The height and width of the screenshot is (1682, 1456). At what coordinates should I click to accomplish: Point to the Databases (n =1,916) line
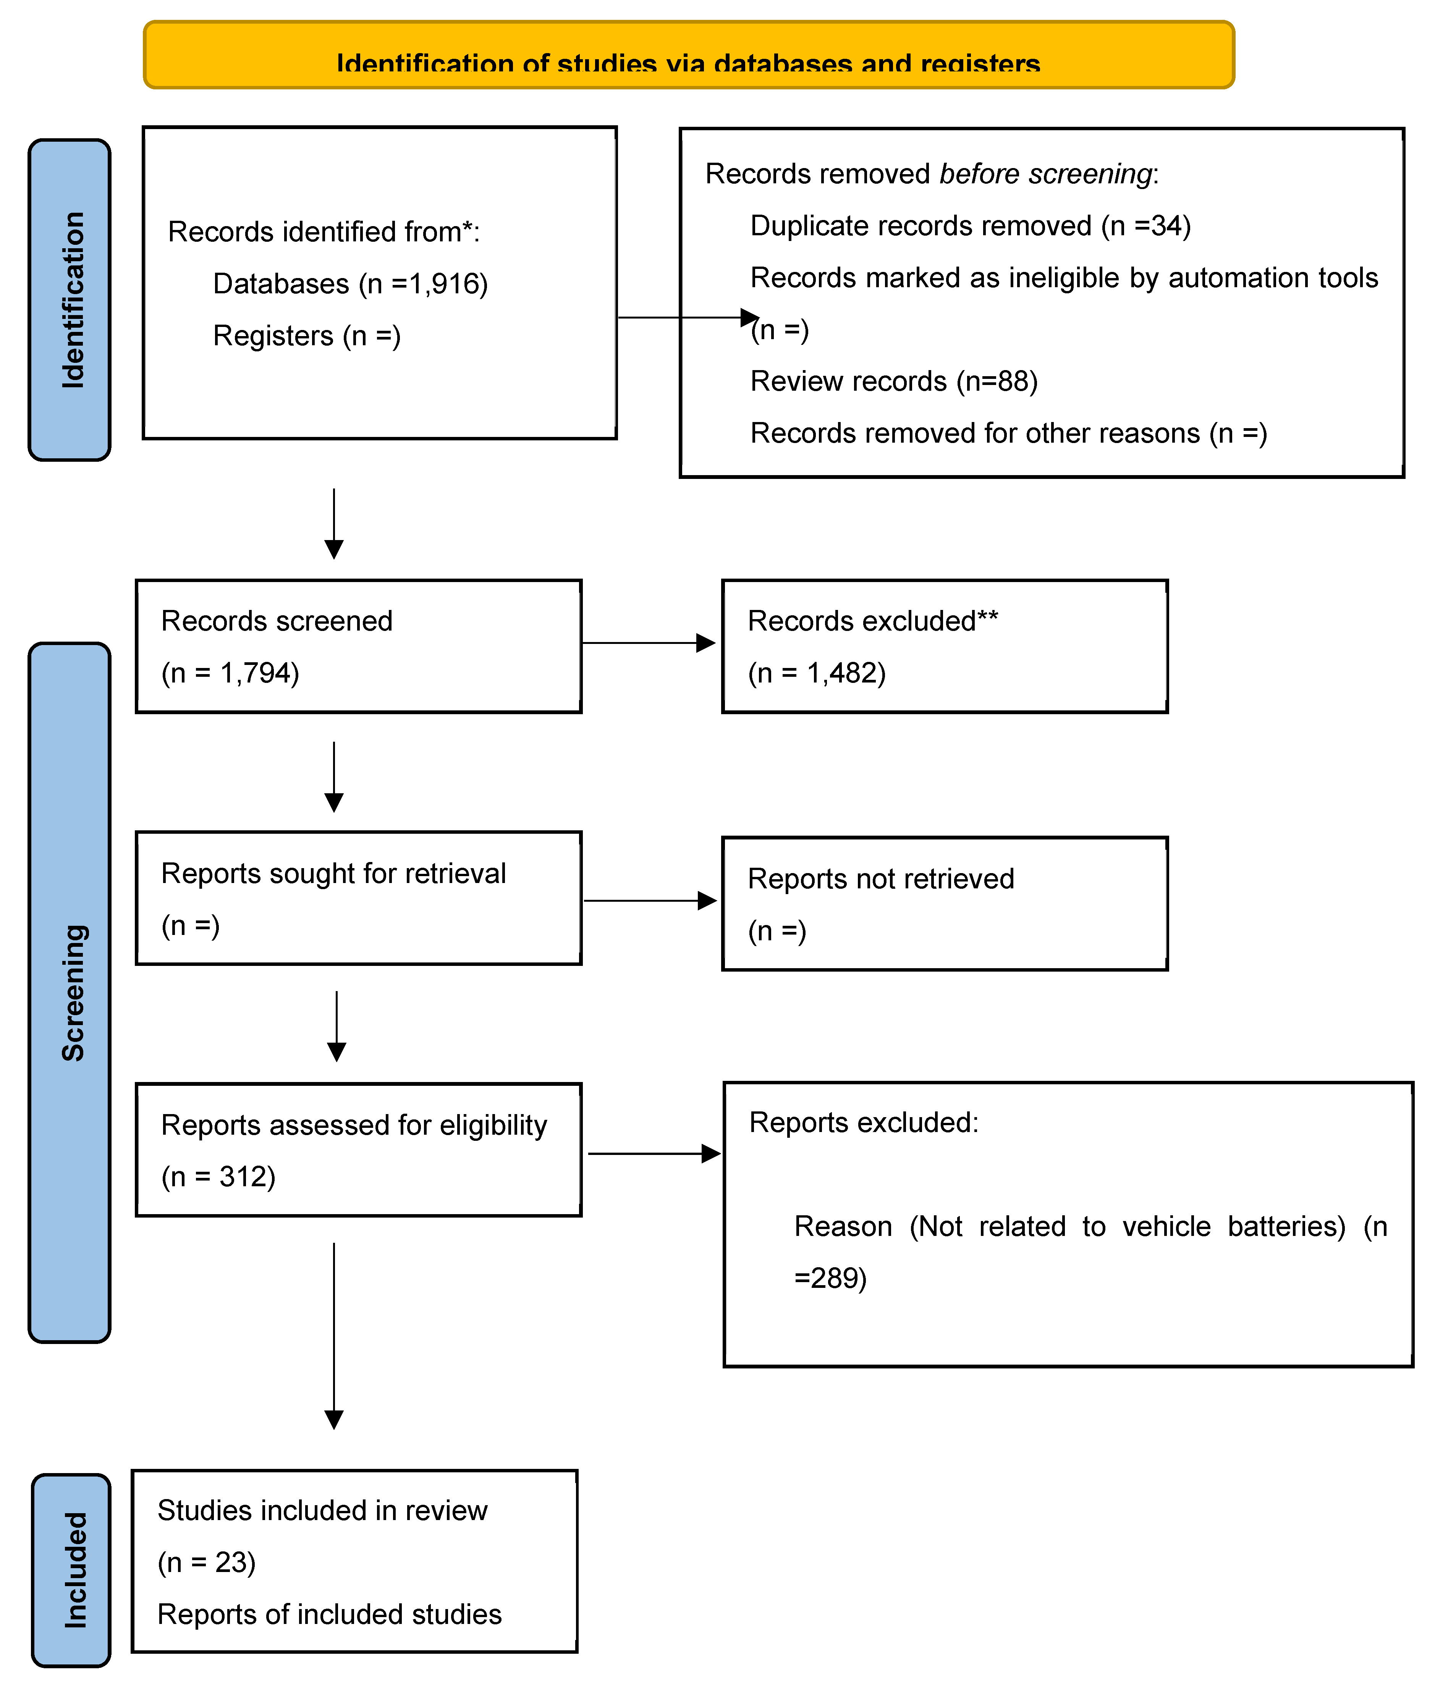350,284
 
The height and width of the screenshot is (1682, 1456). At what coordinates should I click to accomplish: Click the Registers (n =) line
306,336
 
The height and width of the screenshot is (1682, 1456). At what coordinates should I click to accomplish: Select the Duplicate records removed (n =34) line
970,226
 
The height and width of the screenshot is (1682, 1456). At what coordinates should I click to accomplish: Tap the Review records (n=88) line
894,381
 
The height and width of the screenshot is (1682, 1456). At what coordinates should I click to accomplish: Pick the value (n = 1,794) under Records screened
230,673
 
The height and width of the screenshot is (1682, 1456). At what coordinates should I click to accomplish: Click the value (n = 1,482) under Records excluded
817,673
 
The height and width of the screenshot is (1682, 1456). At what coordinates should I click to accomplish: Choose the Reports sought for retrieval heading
333,873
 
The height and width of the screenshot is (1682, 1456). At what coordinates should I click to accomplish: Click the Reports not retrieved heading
881,878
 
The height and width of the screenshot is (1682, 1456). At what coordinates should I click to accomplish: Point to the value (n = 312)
218,1177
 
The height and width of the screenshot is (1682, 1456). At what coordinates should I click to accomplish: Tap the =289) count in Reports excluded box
830,1278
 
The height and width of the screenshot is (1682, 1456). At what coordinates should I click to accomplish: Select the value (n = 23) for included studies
206,1562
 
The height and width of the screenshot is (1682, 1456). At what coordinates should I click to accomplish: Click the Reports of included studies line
329,1614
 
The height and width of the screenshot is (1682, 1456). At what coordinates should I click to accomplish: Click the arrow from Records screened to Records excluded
649,644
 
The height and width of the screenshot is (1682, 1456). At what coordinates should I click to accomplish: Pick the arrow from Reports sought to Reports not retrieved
650,900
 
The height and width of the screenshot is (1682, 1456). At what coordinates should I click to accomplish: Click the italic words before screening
1046,174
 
